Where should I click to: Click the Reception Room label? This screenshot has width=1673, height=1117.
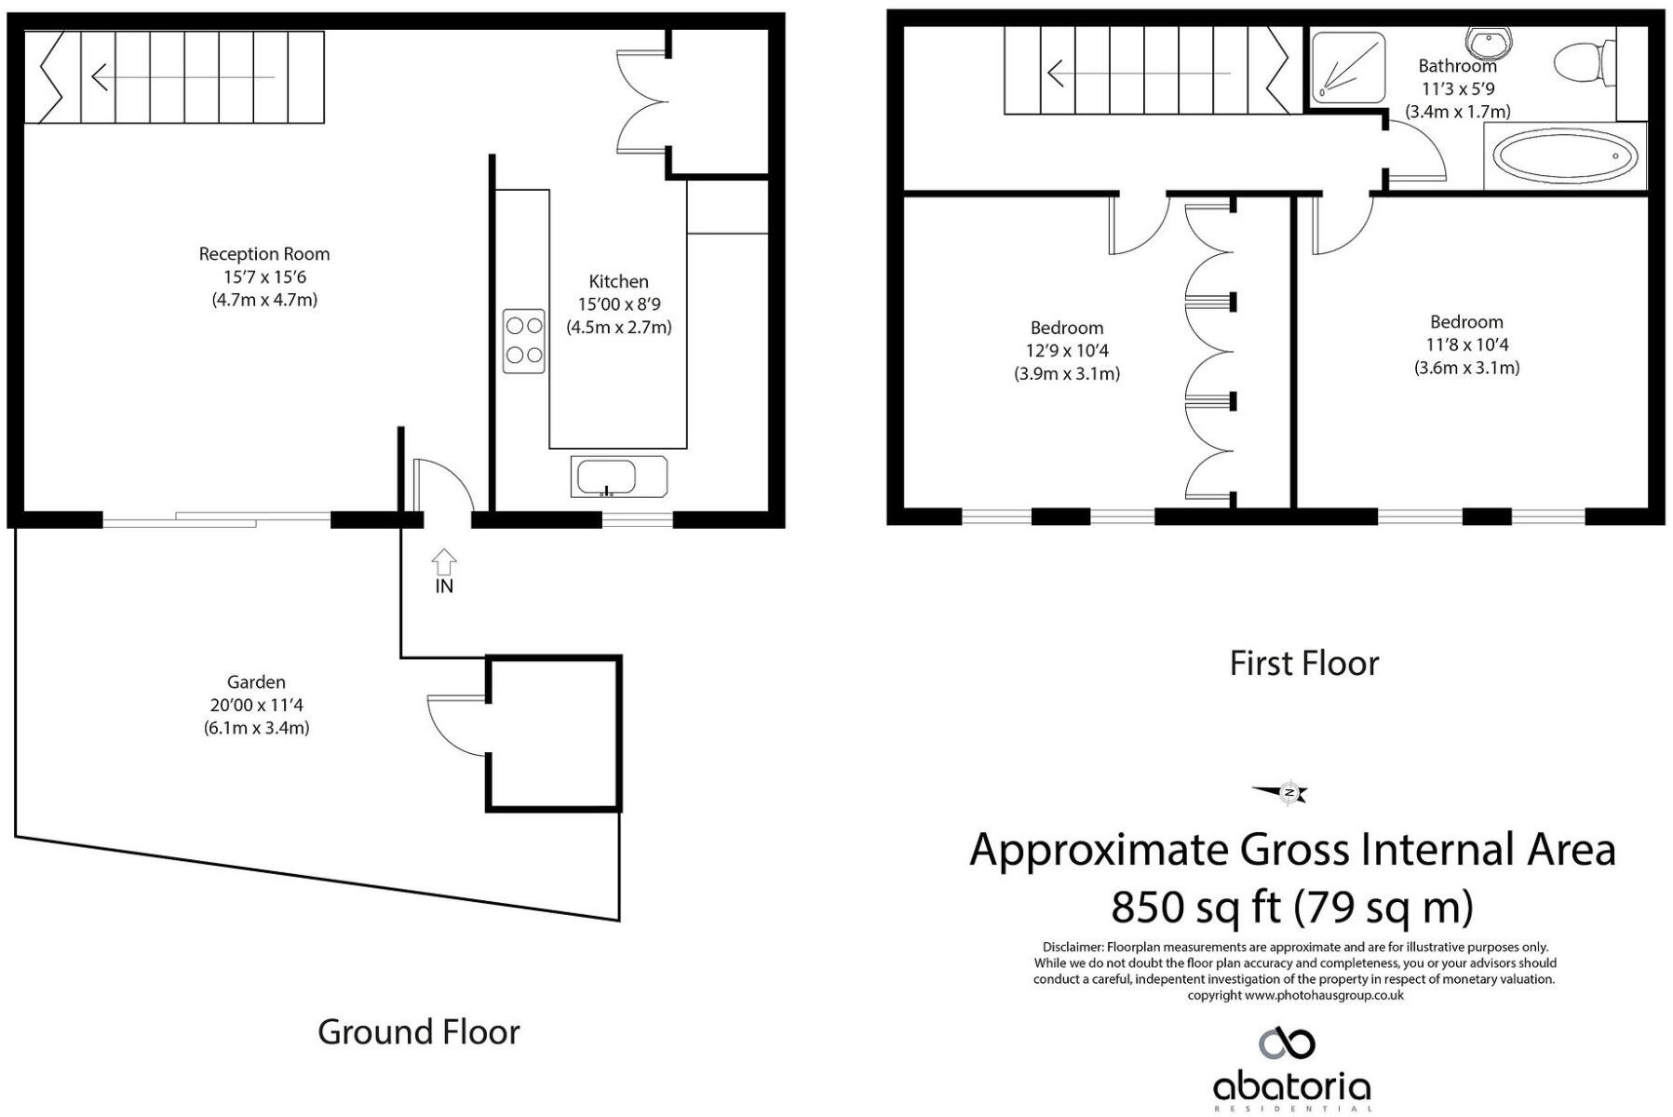[264, 253]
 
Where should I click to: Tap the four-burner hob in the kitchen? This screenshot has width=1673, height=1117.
[523, 341]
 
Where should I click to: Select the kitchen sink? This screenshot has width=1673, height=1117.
[606, 478]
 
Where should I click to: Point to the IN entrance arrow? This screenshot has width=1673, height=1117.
[444, 561]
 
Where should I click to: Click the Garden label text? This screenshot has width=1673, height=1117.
[256, 682]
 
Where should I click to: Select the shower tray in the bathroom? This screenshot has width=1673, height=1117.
[1347, 66]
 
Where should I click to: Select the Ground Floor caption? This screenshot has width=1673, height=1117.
[419, 1031]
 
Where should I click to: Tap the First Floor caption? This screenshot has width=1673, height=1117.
[1303, 663]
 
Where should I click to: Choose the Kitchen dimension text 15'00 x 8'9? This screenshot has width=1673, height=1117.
[619, 304]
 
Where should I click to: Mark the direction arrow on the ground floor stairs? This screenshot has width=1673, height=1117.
[183, 76]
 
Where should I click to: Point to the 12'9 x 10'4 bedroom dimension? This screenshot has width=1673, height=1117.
[1067, 351]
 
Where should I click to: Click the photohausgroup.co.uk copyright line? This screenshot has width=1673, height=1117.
[1295, 995]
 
